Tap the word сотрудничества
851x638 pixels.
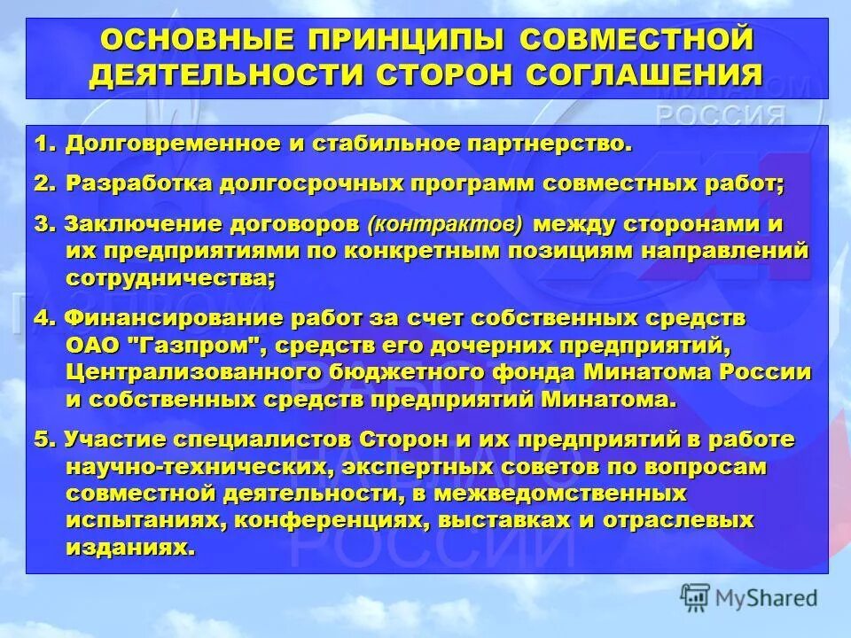[169, 277]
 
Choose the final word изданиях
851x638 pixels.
[129, 547]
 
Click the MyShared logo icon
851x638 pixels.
[697, 597]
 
